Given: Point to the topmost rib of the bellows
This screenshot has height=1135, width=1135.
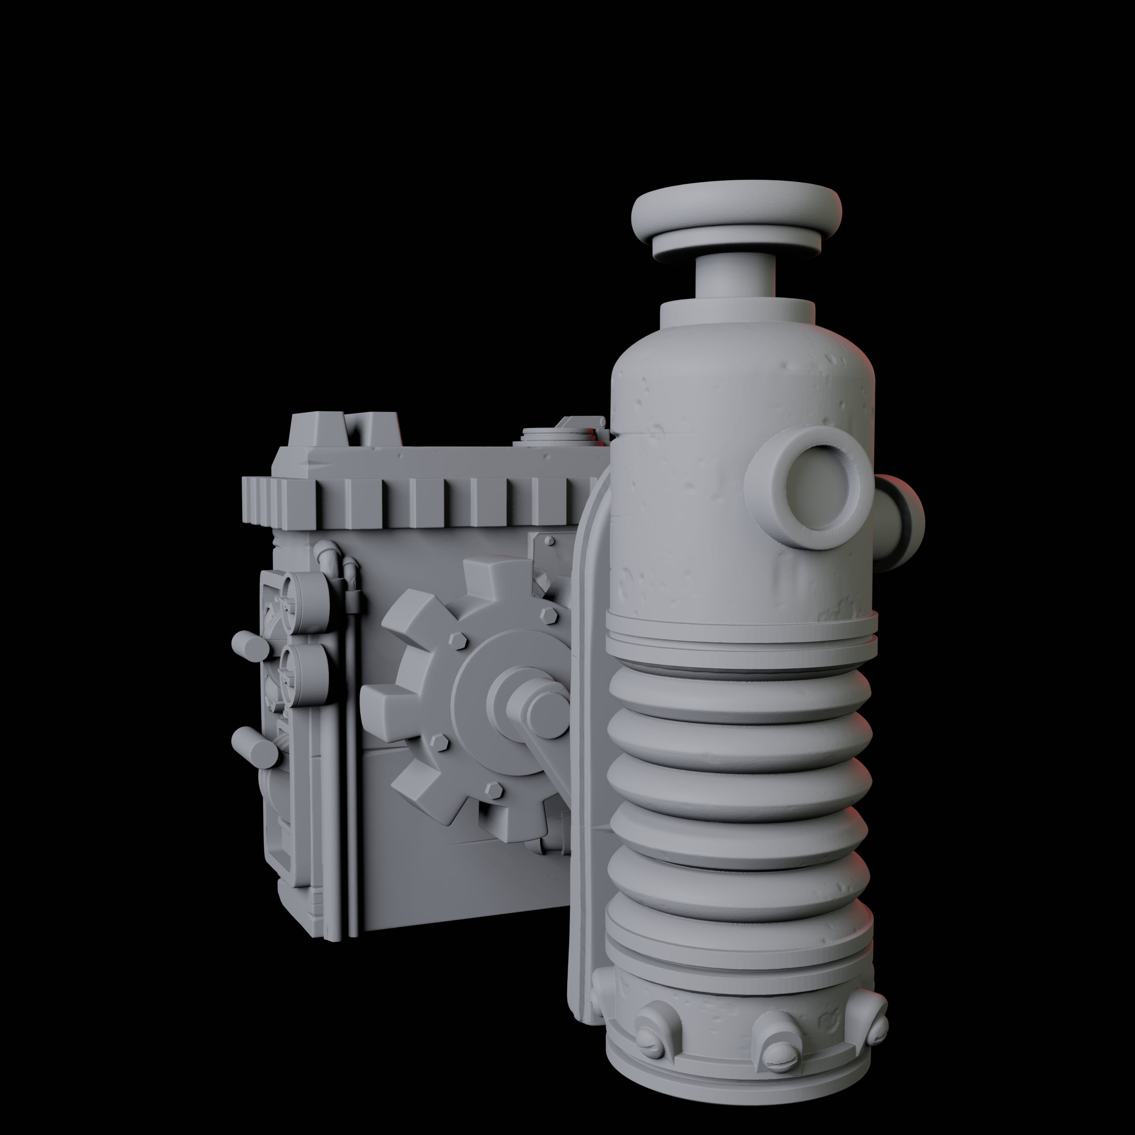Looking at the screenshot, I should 739,691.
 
